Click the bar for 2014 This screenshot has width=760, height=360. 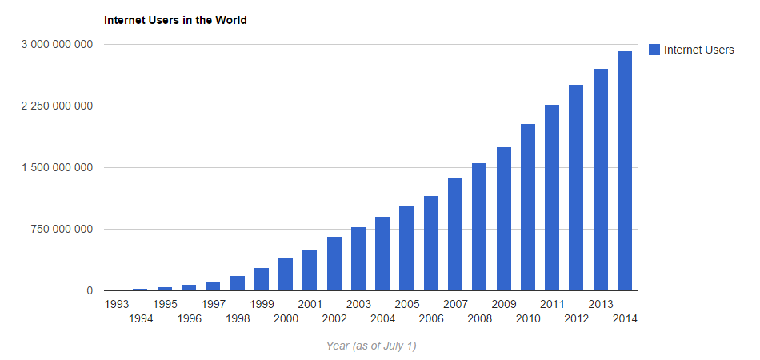(x=625, y=171)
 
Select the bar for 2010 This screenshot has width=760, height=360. (x=528, y=207)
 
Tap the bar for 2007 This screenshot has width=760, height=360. (x=455, y=234)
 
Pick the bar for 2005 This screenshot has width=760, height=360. (x=406, y=249)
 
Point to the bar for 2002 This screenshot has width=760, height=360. (x=334, y=264)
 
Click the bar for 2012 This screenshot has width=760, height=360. (x=576, y=188)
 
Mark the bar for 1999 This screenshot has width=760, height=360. (x=262, y=279)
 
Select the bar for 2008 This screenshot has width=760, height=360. (x=479, y=227)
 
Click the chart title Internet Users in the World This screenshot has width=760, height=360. (x=175, y=20)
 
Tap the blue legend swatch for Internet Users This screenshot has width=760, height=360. (x=654, y=50)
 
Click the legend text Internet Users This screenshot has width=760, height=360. (x=698, y=50)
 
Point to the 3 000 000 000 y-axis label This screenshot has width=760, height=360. (x=56, y=44)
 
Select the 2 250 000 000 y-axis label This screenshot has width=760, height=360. (x=56, y=106)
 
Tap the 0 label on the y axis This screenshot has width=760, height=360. (x=90, y=291)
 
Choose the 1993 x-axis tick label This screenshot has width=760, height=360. (x=117, y=304)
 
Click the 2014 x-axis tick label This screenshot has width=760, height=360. (x=625, y=318)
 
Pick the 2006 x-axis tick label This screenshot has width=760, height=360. (x=430, y=318)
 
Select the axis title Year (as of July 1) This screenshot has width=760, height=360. (x=371, y=346)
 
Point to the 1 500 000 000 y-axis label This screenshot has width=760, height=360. (x=56, y=167)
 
